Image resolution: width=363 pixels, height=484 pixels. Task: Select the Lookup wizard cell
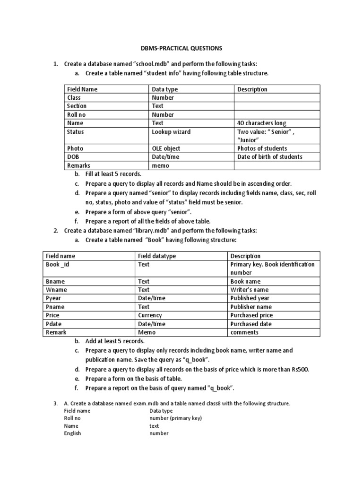pyautogui.click(x=171, y=132)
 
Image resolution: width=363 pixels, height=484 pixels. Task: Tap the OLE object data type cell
pyautogui.click(x=166, y=148)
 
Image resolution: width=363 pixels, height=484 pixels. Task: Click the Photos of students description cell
pyautogui.click(x=262, y=148)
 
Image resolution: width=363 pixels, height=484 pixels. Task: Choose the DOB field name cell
pyautogui.click(x=73, y=157)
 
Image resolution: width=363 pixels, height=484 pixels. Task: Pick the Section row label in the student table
pyautogui.click(x=77, y=106)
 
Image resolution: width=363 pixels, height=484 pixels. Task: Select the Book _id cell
pyautogui.click(x=57, y=264)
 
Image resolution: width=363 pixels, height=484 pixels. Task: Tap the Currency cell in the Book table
pyautogui.click(x=150, y=315)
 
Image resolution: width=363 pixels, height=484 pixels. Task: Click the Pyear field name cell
pyautogui.click(x=53, y=298)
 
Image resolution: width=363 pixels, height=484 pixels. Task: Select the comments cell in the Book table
pyautogui.click(x=244, y=332)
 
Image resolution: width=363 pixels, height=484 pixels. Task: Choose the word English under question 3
pyautogui.click(x=72, y=433)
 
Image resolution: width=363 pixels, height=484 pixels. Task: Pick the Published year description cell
pyautogui.click(x=251, y=298)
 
